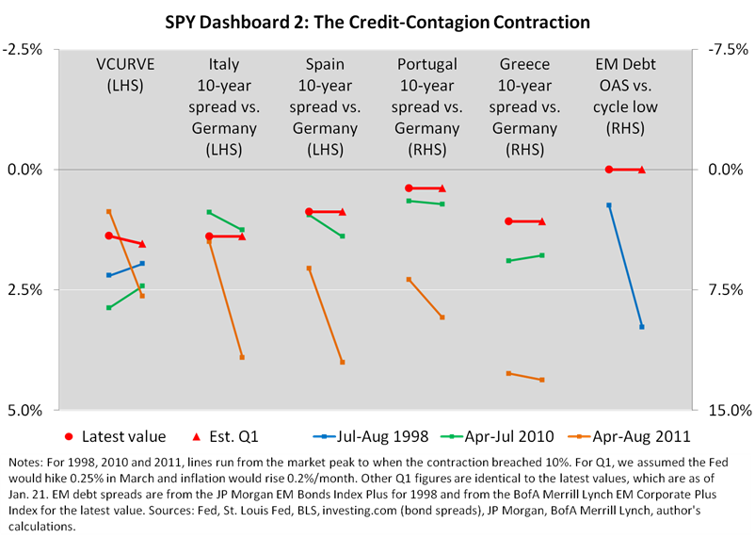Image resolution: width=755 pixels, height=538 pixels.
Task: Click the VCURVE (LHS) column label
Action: point(126,74)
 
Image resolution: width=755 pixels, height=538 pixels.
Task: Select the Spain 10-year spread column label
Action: point(325,106)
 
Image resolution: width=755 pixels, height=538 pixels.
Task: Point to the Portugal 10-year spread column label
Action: point(426,106)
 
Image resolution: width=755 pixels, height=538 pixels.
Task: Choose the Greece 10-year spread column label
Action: point(525,106)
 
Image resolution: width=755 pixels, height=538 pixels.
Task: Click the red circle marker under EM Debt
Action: point(609,170)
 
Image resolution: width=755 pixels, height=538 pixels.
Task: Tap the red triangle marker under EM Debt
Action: point(642,170)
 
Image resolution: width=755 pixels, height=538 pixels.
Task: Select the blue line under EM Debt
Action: point(626,266)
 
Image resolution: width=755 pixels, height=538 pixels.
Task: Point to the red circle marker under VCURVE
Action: point(109,236)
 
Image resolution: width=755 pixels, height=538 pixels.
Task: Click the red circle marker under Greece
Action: point(508,221)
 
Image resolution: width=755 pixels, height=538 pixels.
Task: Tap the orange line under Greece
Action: point(525,377)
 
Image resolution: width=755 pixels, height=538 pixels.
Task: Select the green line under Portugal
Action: point(426,203)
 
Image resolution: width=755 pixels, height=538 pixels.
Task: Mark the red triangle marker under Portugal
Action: point(442,188)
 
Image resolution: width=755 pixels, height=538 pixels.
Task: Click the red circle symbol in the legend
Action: point(69,436)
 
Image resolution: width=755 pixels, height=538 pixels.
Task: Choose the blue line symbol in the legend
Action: point(324,436)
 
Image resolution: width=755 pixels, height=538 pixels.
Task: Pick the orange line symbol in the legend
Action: point(579,436)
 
